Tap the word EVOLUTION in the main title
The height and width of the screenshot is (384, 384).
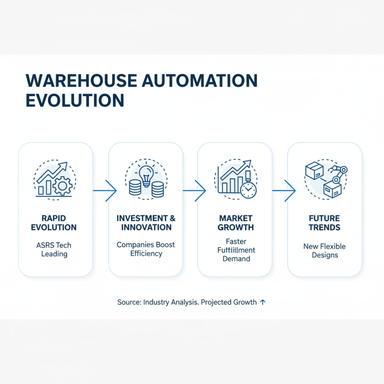coord(74,101)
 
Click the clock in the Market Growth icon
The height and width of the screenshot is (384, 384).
coord(248,190)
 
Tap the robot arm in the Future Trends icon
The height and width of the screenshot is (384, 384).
coord(340,174)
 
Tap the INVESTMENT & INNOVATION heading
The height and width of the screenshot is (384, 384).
coord(146,223)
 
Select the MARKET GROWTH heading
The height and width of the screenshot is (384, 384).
coord(235,223)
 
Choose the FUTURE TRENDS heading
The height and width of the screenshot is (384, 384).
coord(324,223)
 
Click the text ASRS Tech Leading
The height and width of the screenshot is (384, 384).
coord(55,250)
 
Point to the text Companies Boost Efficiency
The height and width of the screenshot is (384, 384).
coord(146,249)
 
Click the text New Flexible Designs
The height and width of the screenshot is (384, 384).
coord(324,251)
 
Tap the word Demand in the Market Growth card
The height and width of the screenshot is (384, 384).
coord(236,259)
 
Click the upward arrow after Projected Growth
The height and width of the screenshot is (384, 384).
coord(263,302)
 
